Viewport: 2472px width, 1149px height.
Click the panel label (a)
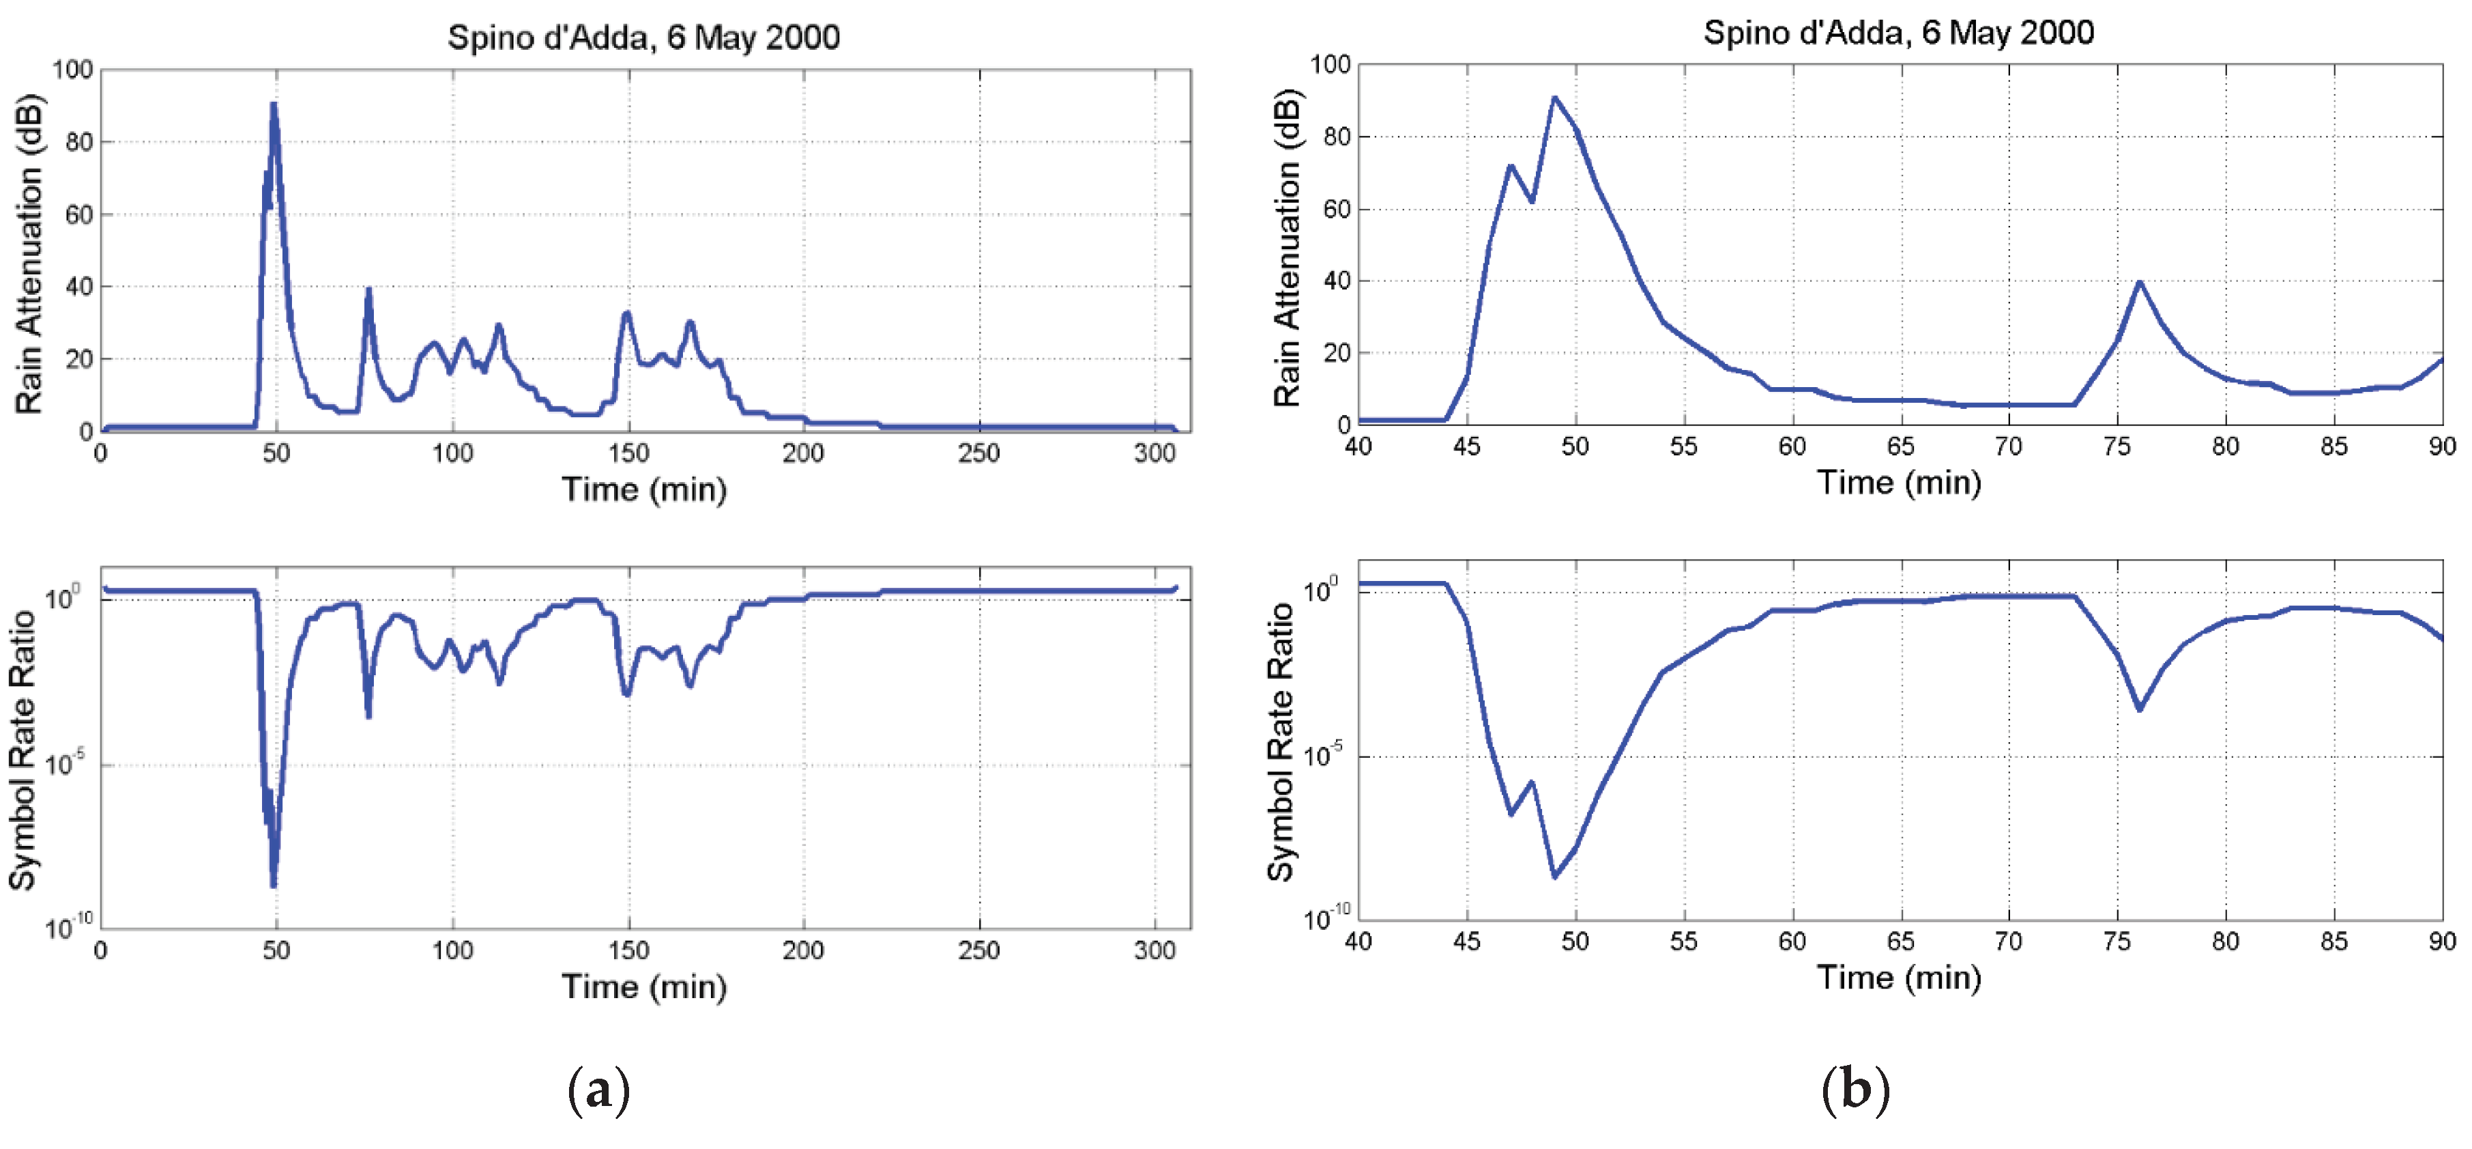[599, 1090]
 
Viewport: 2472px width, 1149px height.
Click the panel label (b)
[1855, 1090]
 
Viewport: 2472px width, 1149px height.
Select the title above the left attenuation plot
[644, 38]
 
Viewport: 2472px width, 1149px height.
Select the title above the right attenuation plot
[1898, 33]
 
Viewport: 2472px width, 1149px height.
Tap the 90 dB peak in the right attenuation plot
[1554, 97]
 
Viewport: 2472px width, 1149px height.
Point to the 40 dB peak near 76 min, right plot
[2139, 282]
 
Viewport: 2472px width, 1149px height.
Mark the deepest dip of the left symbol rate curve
[274, 885]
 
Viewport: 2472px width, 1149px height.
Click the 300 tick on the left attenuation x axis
[1154, 453]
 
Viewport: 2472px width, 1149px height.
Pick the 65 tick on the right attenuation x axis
[1900, 446]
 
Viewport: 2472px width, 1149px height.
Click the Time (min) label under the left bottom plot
[644, 987]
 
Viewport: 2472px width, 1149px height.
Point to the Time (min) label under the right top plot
[1898, 482]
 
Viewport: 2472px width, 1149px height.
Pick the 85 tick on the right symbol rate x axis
[2333, 941]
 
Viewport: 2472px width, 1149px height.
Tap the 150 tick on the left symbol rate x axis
[628, 950]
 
